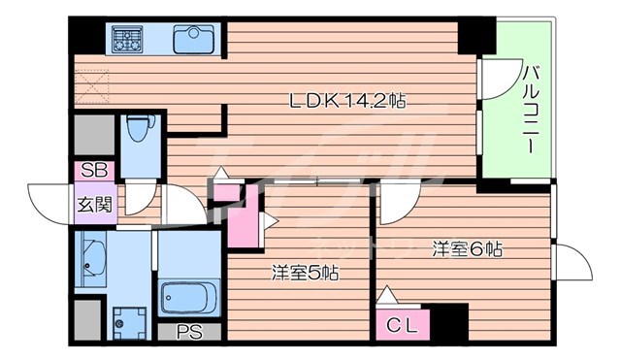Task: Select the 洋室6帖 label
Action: tap(467, 248)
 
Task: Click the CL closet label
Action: tap(403, 327)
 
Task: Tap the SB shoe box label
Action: tap(94, 171)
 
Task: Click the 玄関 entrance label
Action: tap(94, 205)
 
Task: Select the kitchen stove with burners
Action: tap(127, 40)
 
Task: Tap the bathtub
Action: tap(189, 295)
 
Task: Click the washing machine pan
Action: tap(127, 319)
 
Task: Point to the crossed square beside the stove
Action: tap(93, 86)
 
